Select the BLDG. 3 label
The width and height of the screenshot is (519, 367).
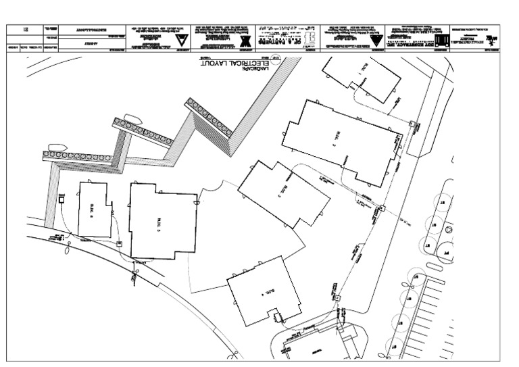286,191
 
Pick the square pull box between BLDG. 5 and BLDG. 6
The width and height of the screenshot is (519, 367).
119,243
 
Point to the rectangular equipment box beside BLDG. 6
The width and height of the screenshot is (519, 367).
61,197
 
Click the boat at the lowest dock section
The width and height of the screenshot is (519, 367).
56,147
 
